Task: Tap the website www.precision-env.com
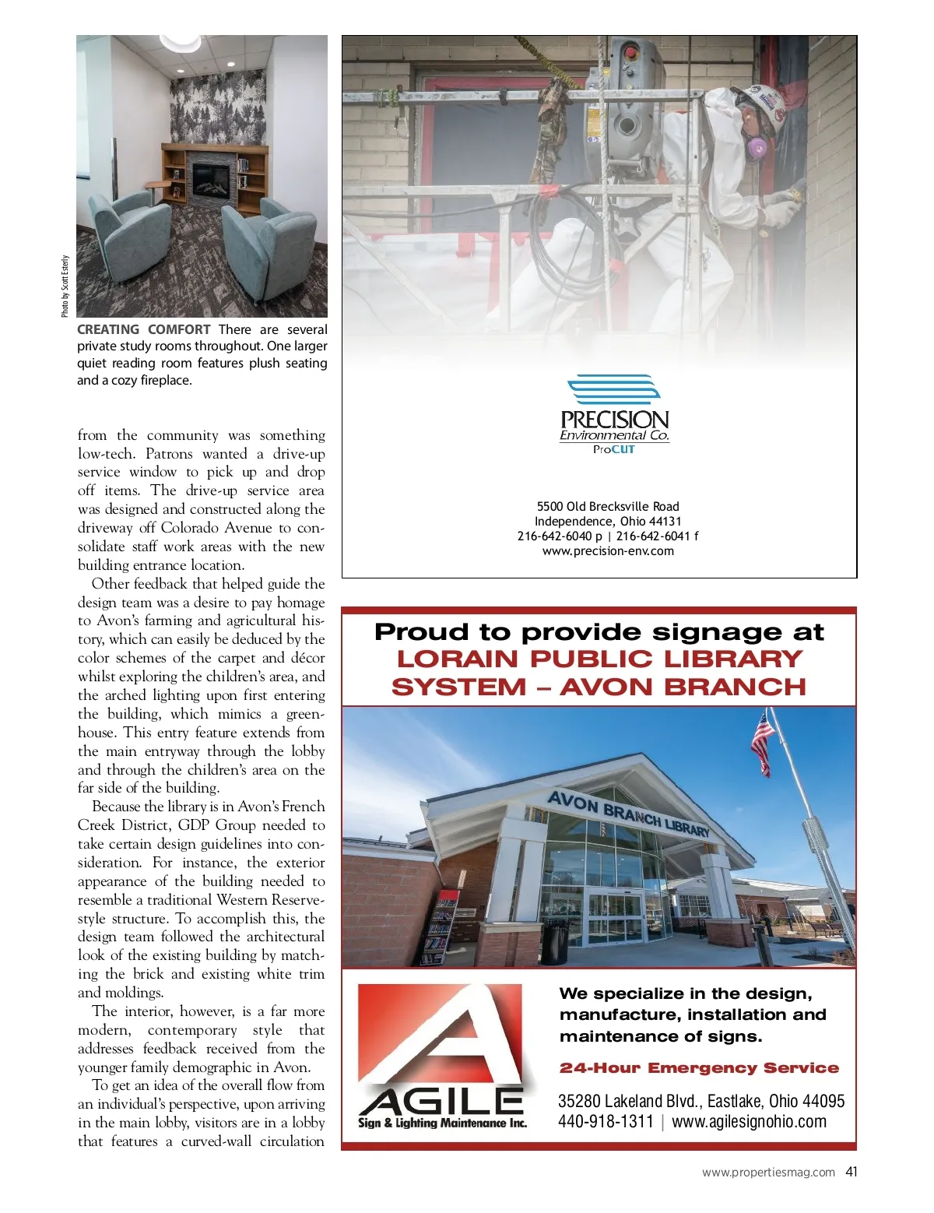click(608, 551)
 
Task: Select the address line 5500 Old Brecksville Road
click(608, 507)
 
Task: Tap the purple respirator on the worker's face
click(755, 146)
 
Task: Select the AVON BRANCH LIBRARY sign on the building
click(628, 813)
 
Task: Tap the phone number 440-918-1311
click(606, 1122)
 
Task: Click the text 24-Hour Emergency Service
click(699, 1068)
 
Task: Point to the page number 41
click(851, 1172)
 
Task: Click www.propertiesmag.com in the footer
click(768, 1173)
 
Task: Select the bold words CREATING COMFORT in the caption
click(144, 329)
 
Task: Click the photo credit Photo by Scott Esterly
click(65, 287)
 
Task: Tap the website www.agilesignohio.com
click(749, 1122)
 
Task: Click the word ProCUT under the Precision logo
click(613, 450)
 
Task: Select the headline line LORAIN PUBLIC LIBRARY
click(599, 659)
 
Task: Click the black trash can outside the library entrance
click(555, 941)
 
